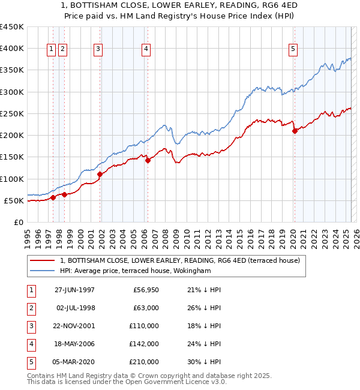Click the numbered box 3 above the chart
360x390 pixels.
(x=98, y=50)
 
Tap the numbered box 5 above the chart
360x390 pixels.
(x=293, y=50)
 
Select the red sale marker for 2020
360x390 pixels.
(x=295, y=131)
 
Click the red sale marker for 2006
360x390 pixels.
(x=148, y=160)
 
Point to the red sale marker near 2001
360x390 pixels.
(x=100, y=174)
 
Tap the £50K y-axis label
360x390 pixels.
(x=14, y=200)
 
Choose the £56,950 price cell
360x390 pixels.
(x=146, y=290)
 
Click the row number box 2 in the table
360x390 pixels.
(x=30, y=308)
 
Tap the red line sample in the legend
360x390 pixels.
(x=41, y=260)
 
